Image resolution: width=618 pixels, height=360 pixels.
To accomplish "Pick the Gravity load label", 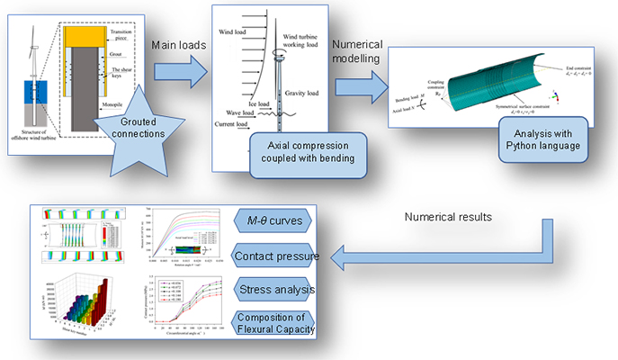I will pos(302,93).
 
